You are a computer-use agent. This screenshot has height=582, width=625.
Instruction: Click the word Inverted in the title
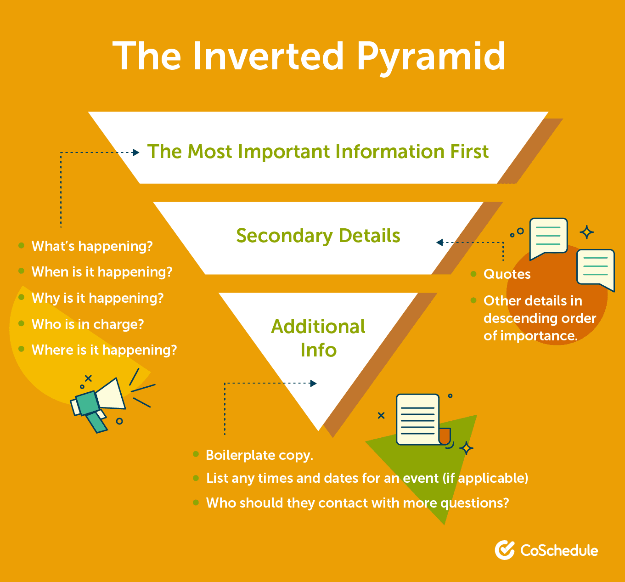268,56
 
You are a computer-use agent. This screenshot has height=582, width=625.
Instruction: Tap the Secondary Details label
318,236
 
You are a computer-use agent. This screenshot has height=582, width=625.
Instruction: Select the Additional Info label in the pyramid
318,338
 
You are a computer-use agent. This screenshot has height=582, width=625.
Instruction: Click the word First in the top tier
469,152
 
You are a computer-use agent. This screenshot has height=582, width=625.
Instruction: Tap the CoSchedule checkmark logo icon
505,550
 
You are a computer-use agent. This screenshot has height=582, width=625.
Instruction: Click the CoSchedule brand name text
559,550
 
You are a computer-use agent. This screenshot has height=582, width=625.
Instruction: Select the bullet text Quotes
507,274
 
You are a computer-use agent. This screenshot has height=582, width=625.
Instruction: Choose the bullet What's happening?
92,246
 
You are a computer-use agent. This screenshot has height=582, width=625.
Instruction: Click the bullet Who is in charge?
88,324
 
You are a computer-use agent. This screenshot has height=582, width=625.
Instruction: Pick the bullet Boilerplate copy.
259,455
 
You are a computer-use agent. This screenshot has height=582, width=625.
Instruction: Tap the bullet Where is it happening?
104,350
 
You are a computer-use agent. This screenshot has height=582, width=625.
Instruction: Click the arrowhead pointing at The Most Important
136,153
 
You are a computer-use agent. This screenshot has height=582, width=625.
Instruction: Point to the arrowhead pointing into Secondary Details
439,243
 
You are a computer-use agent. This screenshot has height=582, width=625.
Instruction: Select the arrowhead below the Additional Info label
314,383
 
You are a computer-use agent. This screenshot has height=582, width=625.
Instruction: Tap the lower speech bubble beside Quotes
596,269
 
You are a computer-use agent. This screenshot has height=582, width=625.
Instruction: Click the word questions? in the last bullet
474,503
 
